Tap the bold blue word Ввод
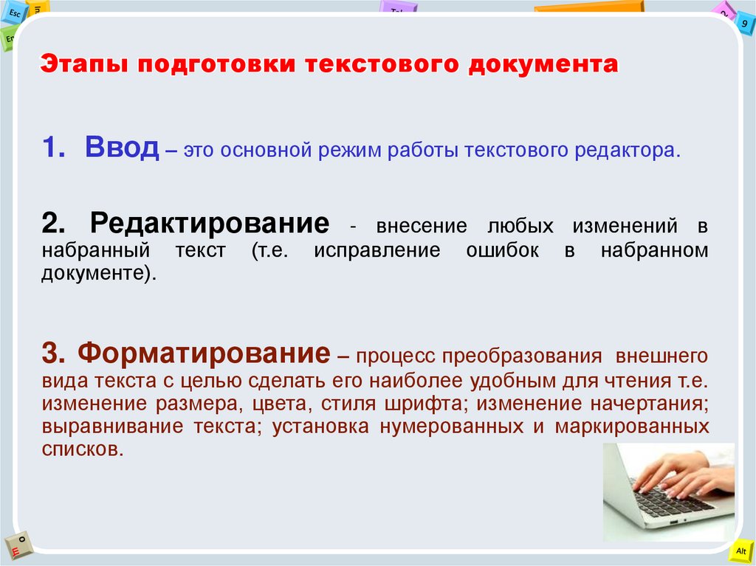coord(122,148)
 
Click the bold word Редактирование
coord(209,223)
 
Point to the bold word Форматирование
coord(204,353)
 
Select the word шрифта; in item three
coord(425,404)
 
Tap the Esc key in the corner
coord(15,13)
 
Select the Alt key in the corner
coord(740,551)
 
